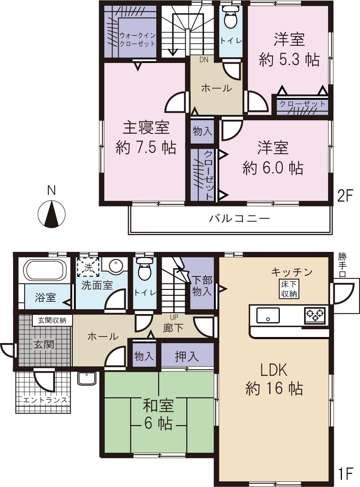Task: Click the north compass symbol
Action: click(52, 213)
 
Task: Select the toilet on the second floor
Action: click(231, 18)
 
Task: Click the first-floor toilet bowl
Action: click(144, 270)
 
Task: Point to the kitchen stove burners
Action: click(315, 315)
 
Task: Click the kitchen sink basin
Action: click(268, 315)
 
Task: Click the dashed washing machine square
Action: click(88, 267)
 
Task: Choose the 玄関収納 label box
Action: click(52, 320)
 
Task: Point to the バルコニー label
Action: click(240, 218)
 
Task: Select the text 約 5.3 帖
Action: click(289, 60)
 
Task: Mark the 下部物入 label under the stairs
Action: click(202, 286)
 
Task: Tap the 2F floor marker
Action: click(344, 197)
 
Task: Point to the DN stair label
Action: click(204, 60)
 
